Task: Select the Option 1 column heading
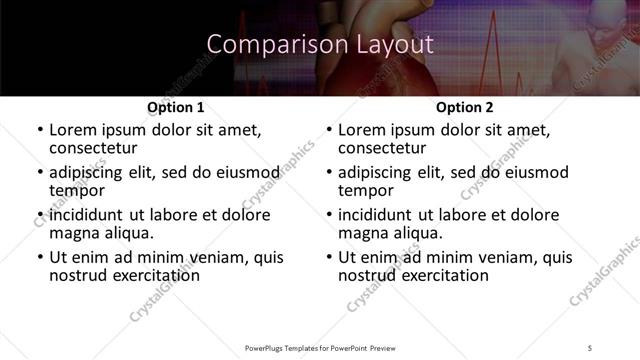(176, 107)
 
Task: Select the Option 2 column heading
(464, 107)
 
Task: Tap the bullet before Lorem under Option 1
(39, 130)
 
